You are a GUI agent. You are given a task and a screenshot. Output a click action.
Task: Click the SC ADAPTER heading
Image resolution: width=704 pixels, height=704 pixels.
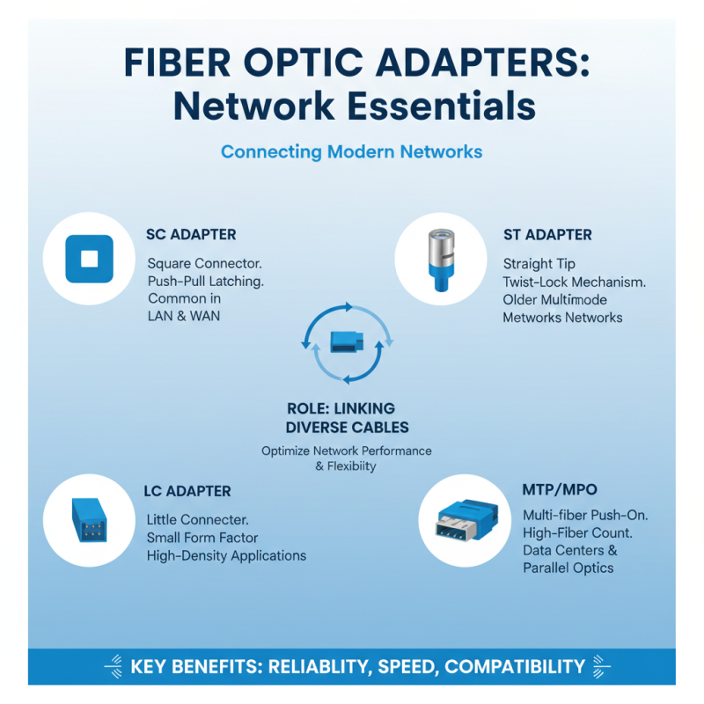(x=191, y=235)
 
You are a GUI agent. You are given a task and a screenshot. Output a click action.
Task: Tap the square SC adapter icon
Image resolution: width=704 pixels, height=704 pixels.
(x=89, y=259)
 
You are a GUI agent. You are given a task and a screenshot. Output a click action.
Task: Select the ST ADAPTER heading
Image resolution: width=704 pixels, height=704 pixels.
(x=547, y=235)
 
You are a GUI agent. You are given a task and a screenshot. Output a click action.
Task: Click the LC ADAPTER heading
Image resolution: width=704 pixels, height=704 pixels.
(x=187, y=491)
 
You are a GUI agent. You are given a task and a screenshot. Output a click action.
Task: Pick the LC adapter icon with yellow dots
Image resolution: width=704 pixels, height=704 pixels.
(x=88, y=520)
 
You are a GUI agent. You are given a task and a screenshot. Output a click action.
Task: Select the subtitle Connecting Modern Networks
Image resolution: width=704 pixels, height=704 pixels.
(x=351, y=151)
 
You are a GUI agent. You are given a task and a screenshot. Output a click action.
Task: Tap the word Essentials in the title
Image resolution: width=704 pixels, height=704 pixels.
(x=441, y=106)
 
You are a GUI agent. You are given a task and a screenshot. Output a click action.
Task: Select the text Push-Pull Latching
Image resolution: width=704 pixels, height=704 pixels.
(x=205, y=282)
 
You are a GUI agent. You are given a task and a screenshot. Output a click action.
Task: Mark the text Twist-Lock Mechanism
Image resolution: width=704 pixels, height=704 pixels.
(x=574, y=282)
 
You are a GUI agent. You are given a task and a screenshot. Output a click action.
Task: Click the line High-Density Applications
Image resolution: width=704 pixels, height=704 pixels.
(x=226, y=555)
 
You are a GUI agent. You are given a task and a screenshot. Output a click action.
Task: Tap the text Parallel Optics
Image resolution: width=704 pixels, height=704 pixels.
(x=568, y=568)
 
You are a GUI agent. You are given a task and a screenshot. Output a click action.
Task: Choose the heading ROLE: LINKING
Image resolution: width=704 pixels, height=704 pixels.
(x=341, y=409)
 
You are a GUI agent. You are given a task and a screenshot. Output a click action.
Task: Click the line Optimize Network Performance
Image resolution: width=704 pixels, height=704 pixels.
(x=347, y=451)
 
